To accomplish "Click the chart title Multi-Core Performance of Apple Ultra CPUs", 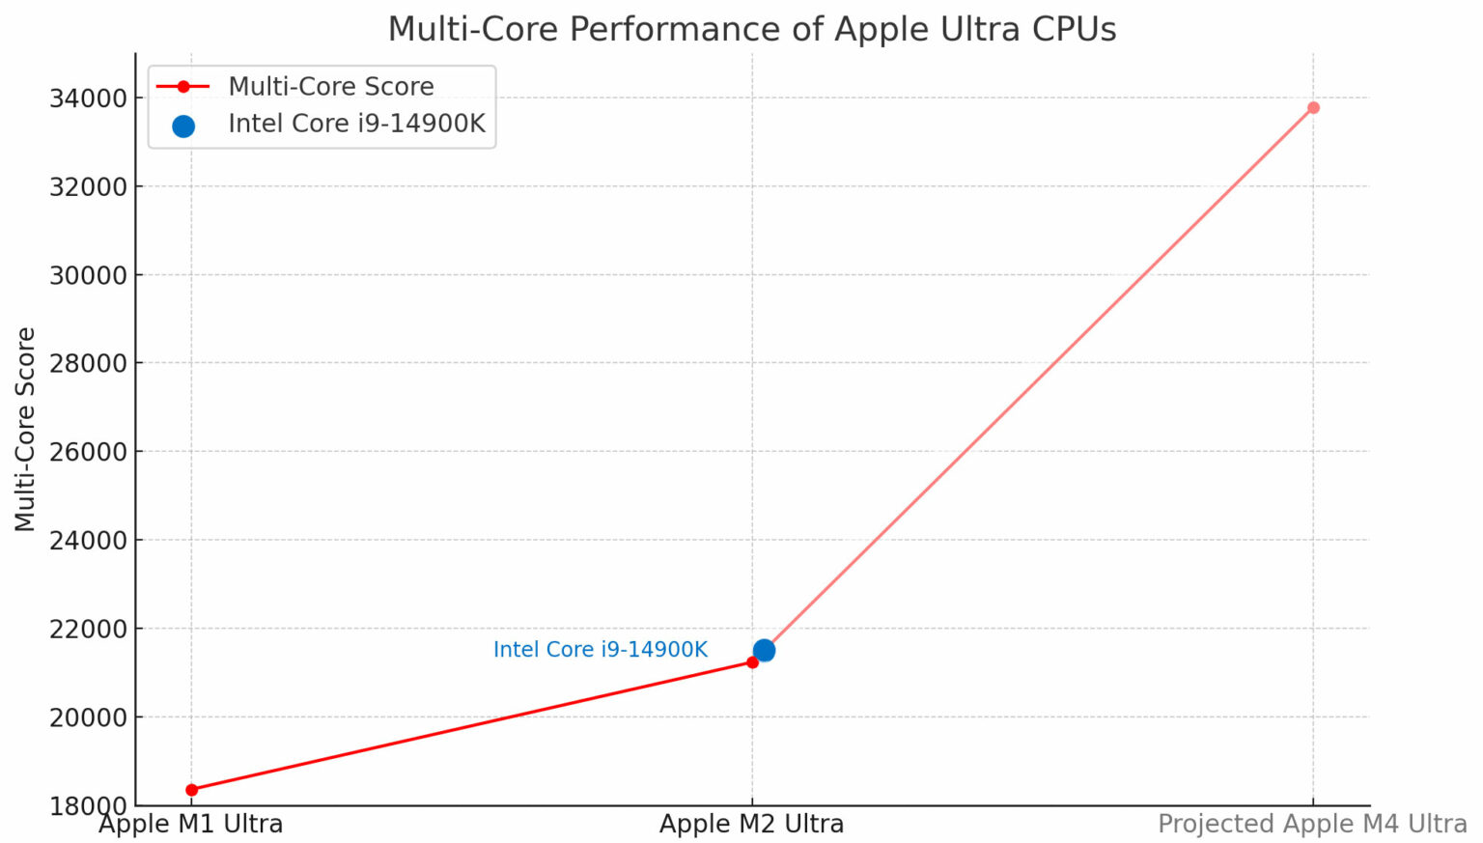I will tap(751, 29).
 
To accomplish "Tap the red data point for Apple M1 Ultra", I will tap(191, 790).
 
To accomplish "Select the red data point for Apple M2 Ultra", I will tap(752, 662).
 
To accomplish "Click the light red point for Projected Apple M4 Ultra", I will tap(1313, 107).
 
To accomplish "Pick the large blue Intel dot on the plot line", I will tap(764, 650).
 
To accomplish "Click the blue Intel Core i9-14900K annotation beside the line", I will tap(600, 650).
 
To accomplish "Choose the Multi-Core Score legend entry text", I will tap(330, 87).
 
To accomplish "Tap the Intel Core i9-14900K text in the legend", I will tap(356, 125).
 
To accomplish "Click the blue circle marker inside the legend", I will tap(183, 126).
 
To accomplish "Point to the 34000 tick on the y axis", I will tap(88, 98).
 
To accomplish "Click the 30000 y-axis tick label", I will tap(88, 275).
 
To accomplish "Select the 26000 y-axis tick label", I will tap(88, 452).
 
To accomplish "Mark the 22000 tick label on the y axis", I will tap(88, 629).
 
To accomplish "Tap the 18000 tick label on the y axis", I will tap(88, 805).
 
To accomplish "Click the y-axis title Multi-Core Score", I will tap(25, 429).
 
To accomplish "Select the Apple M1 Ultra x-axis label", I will tap(191, 825).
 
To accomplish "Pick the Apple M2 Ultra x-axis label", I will tap(751, 825).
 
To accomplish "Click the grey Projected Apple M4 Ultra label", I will tap(1311, 825).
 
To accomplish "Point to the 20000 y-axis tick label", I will tap(88, 717).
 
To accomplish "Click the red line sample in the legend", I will tap(183, 87).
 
